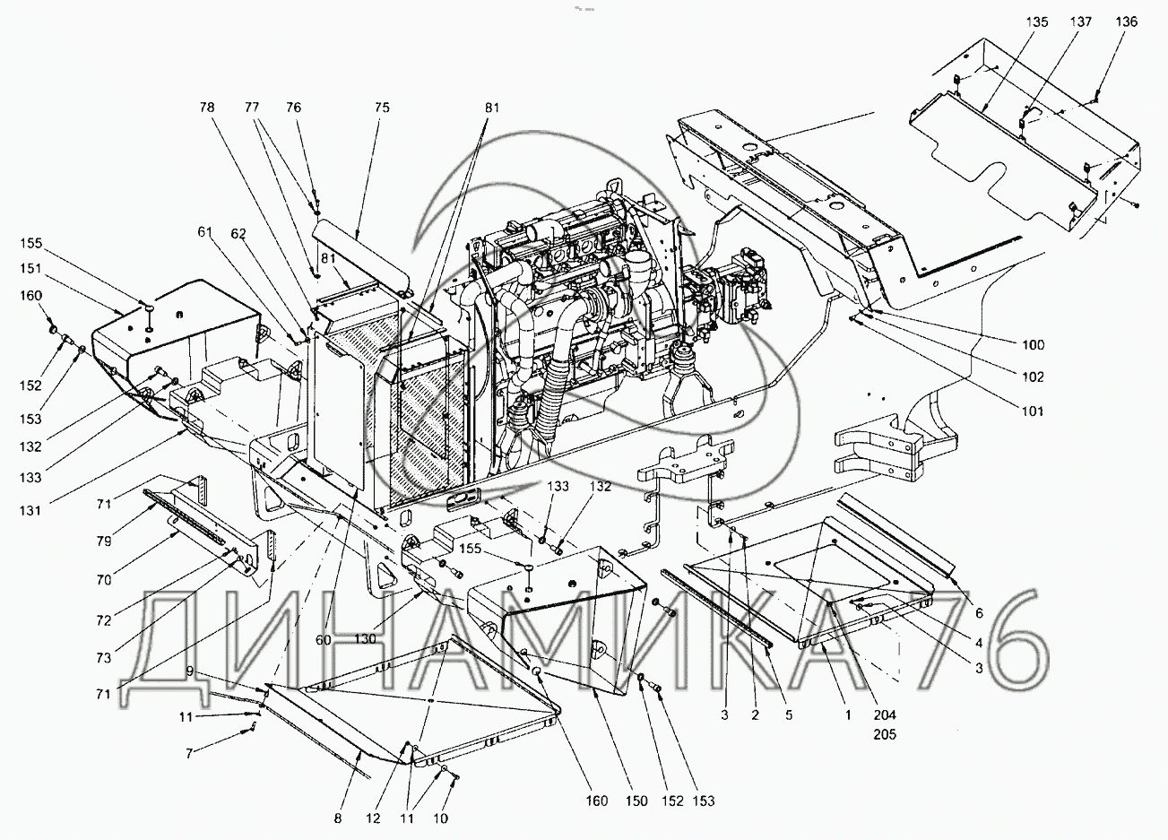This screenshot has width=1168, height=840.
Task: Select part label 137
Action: (x=1082, y=22)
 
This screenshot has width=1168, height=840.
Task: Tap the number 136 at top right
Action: (x=1127, y=22)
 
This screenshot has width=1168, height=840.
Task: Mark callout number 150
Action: (x=635, y=801)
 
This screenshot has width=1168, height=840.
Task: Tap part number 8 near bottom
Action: (x=337, y=818)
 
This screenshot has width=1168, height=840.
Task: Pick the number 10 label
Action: (x=440, y=818)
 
